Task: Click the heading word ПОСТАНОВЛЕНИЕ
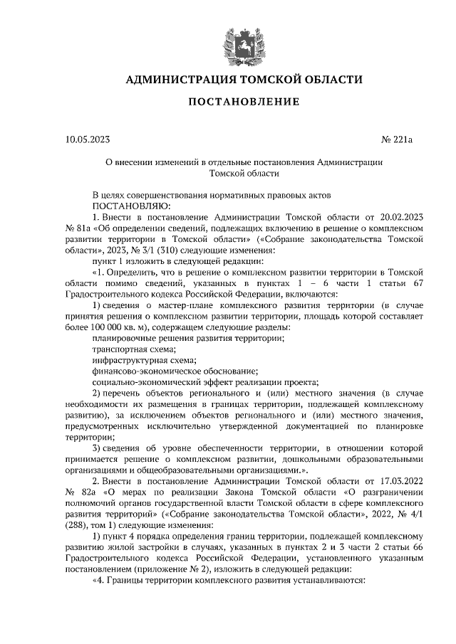click(243, 102)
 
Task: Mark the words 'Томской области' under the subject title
click(243, 173)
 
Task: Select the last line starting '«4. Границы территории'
click(228, 580)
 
